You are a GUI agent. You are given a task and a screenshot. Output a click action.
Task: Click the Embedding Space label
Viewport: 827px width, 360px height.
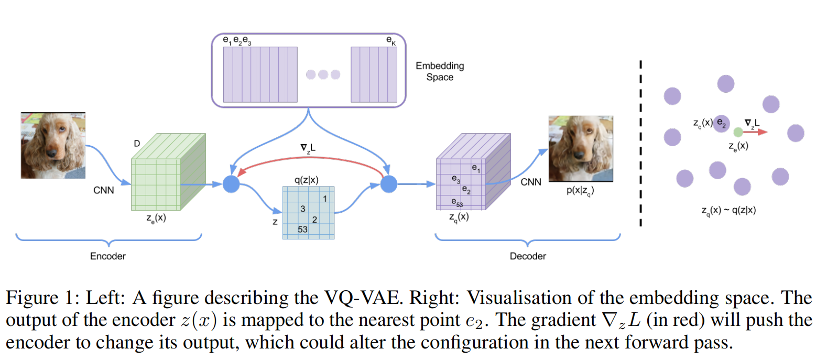point(440,71)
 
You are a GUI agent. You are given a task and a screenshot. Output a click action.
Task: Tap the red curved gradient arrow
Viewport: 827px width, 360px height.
point(309,159)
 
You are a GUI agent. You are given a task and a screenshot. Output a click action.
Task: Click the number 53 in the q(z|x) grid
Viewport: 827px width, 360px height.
point(302,230)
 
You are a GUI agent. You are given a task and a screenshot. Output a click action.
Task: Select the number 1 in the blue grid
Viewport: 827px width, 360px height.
point(325,199)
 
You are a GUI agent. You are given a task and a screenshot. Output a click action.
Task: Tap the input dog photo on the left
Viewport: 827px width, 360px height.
point(53,145)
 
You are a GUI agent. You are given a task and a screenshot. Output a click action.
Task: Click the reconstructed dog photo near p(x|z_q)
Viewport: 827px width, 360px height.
point(580,149)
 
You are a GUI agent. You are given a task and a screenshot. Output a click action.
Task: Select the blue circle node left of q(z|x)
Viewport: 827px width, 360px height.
point(231,184)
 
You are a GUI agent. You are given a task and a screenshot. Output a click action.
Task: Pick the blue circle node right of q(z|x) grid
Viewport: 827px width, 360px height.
point(388,184)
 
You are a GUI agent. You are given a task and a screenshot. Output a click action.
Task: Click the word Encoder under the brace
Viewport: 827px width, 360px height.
point(108,256)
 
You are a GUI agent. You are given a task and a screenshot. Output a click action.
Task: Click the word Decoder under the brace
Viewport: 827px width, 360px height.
point(528,256)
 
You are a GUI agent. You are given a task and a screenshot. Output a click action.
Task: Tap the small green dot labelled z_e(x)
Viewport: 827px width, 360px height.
point(738,132)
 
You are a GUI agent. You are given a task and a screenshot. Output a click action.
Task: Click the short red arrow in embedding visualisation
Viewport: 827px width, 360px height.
point(756,132)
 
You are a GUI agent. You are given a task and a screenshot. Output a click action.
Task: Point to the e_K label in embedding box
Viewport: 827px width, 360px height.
point(391,40)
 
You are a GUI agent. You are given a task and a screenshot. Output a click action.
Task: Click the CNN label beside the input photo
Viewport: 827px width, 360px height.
point(103,190)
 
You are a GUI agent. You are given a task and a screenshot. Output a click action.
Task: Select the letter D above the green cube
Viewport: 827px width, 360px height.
point(137,143)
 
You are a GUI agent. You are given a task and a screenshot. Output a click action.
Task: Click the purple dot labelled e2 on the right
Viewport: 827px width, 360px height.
point(722,124)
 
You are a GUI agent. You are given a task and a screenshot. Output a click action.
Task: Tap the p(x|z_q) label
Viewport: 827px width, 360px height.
point(580,191)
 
